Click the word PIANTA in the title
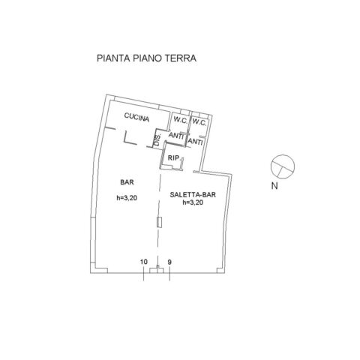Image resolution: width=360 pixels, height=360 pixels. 113,58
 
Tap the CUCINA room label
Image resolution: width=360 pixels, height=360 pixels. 136,117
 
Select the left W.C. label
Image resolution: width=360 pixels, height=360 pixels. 181,121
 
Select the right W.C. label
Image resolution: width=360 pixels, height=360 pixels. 199,122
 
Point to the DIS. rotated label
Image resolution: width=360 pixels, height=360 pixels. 157,139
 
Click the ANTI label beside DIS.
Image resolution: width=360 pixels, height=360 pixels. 176,136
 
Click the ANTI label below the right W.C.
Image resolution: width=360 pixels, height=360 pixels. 195,142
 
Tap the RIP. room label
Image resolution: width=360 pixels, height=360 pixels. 174,158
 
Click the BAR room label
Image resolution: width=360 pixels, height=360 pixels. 127,182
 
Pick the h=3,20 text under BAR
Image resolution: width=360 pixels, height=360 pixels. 127,198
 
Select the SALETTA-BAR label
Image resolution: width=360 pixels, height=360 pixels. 193,195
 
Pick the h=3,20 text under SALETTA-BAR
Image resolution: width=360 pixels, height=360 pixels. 193,202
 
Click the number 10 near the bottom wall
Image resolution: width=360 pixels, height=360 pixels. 144,262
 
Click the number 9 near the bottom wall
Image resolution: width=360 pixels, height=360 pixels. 169,262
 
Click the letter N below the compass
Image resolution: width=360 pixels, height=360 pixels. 274,186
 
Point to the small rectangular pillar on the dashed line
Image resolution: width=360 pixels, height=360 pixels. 159,222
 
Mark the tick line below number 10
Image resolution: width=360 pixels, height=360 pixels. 144,274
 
